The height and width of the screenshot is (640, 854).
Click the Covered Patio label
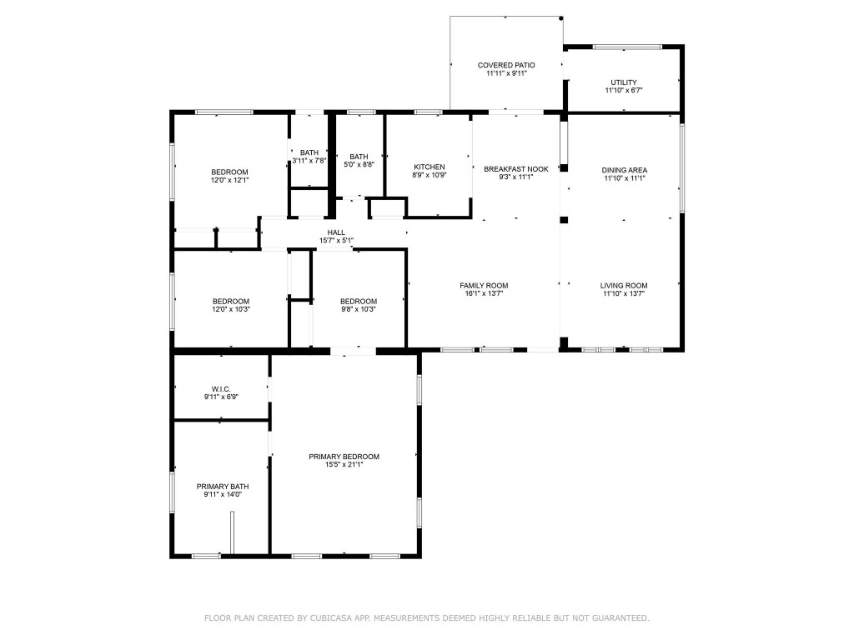pyautogui.click(x=506, y=65)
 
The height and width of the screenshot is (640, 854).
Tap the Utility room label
pyautogui.click(x=623, y=82)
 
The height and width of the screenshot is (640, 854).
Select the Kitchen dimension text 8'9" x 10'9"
pyautogui.click(x=430, y=175)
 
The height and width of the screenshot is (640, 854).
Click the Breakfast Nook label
pyautogui.click(x=516, y=169)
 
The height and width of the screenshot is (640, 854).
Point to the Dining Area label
pyautogui.click(x=625, y=170)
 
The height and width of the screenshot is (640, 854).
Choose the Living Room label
pyautogui.click(x=624, y=285)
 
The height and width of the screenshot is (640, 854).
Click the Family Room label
pyautogui.click(x=484, y=285)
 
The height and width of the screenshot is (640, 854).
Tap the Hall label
pyautogui.click(x=336, y=232)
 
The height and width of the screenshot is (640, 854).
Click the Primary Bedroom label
pyautogui.click(x=344, y=456)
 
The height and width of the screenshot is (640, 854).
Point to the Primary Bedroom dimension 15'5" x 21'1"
pyautogui.click(x=344, y=464)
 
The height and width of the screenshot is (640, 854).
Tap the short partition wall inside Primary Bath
pyautogui.click(x=234, y=532)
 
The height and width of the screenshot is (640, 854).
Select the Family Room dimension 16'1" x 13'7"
pyautogui.click(x=484, y=293)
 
